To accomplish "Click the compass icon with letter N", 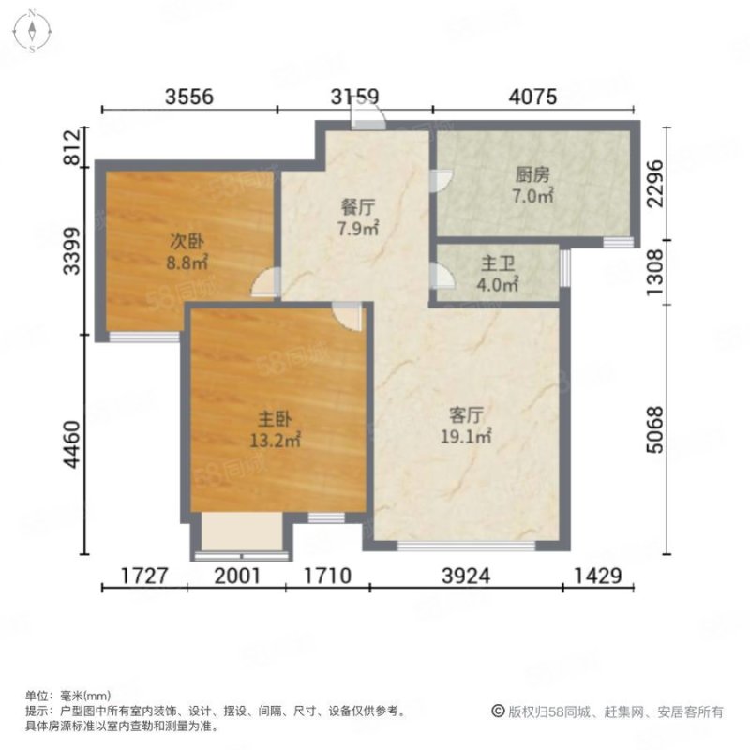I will pyautogui.click(x=32, y=29).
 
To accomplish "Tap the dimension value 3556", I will pyautogui.click(x=190, y=96).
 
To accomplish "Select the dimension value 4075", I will pyautogui.click(x=533, y=96).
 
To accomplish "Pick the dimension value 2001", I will pyautogui.click(x=238, y=576).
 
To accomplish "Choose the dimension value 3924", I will pyautogui.click(x=466, y=576).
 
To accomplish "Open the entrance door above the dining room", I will pyautogui.click(x=367, y=117).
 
